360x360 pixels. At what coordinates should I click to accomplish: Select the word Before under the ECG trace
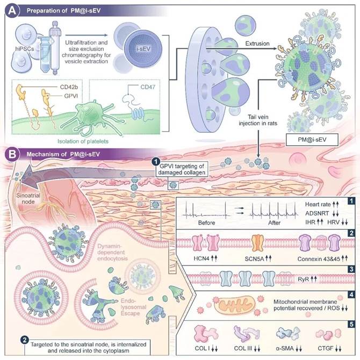tap(204, 220)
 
